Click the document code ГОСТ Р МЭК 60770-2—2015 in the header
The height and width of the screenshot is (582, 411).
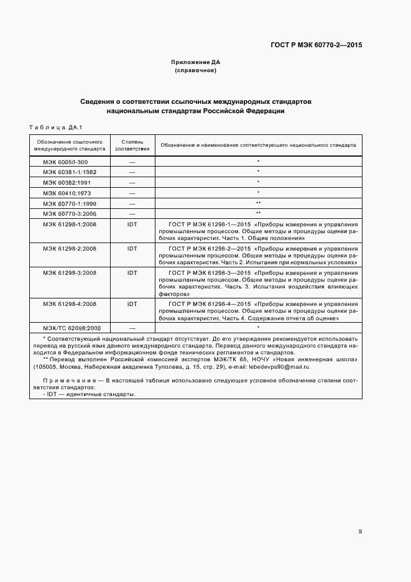point(317,45)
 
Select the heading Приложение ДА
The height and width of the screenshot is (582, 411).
point(195,62)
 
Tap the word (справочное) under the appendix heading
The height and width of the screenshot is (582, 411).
point(195,70)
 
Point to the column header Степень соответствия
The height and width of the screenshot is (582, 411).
point(132,145)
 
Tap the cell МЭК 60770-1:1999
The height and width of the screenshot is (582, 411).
point(70,203)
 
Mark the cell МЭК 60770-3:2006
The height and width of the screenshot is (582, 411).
point(70,213)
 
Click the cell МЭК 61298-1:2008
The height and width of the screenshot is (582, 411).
point(70,224)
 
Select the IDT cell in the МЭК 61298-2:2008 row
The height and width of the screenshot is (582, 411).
point(132,249)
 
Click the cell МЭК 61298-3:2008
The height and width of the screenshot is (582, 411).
point(70,272)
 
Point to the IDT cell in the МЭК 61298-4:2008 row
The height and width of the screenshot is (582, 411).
point(132,303)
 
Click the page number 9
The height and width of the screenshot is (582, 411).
point(360,531)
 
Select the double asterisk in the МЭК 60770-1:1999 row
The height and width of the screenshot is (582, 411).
point(257,203)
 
